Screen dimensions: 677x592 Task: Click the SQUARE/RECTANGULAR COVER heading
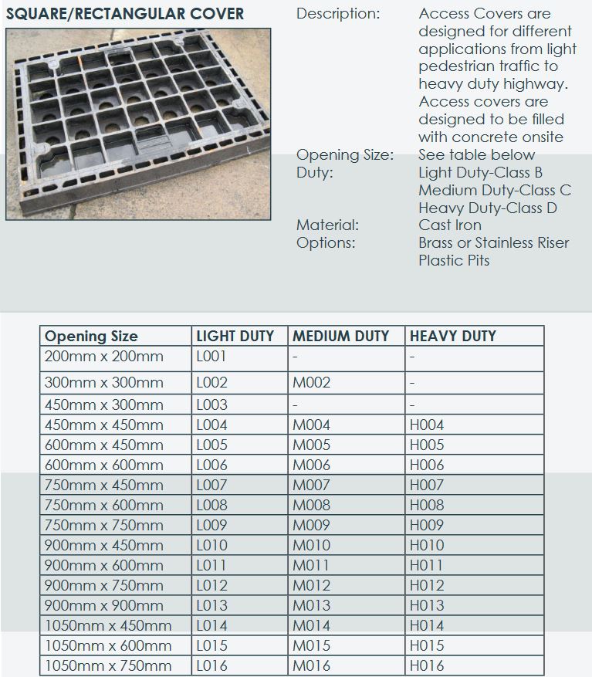coord(125,14)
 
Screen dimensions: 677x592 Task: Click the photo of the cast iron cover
coord(139,124)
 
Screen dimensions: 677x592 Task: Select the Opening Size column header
coord(91,336)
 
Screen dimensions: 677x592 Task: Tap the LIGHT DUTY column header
coord(235,336)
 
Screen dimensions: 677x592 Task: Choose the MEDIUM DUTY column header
coord(340,336)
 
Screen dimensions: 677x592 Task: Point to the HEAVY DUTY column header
coord(452,336)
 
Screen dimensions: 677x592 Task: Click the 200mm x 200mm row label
coord(104,357)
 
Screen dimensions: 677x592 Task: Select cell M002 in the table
coord(311,383)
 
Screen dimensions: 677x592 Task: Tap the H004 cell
coord(427,425)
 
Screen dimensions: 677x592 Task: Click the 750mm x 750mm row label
coord(104,525)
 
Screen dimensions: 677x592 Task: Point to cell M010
coord(311,545)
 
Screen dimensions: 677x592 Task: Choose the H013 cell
coord(427,605)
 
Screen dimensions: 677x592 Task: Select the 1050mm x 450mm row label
coord(108,625)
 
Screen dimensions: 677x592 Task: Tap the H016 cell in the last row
coord(427,665)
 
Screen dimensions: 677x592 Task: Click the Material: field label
coord(327,225)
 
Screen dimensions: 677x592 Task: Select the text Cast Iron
coord(449,225)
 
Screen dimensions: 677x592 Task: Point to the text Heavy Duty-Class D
coord(487,208)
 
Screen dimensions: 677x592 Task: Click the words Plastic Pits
coord(454,260)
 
